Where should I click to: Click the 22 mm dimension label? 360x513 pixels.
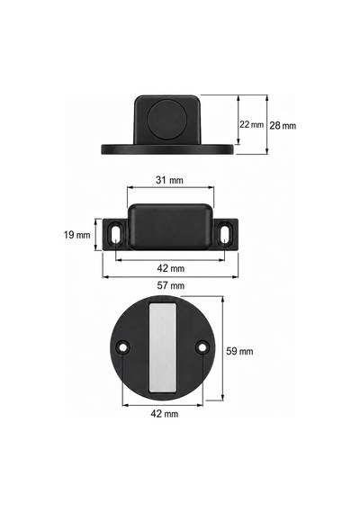pyautogui.click(x=251, y=124)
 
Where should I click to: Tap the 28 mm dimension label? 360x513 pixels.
pyautogui.click(x=283, y=125)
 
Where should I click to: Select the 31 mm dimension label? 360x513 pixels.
pyautogui.click(x=169, y=180)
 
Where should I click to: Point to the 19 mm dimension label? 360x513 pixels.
pyautogui.click(x=76, y=235)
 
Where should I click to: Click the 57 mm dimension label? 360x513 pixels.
pyautogui.click(x=170, y=285)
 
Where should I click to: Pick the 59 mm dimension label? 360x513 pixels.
pyautogui.click(x=239, y=351)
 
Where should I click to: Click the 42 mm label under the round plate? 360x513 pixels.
pyautogui.click(x=165, y=413)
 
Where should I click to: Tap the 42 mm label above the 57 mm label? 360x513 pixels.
pyautogui.click(x=170, y=268)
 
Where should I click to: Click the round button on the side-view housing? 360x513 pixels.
pyautogui.click(x=168, y=120)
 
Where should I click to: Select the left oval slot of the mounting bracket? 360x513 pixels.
pyautogui.click(x=116, y=233)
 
